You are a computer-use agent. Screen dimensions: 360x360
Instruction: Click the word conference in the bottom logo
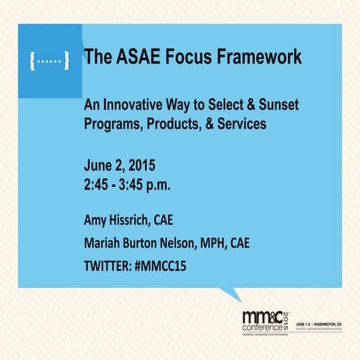pos(261,328)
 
